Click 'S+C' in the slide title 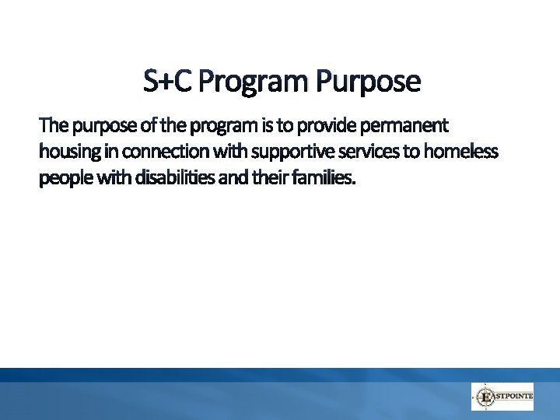coord(168,81)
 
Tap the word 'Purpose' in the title coord(367,81)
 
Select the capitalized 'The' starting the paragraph coord(53,125)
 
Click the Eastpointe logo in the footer coord(502,397)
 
